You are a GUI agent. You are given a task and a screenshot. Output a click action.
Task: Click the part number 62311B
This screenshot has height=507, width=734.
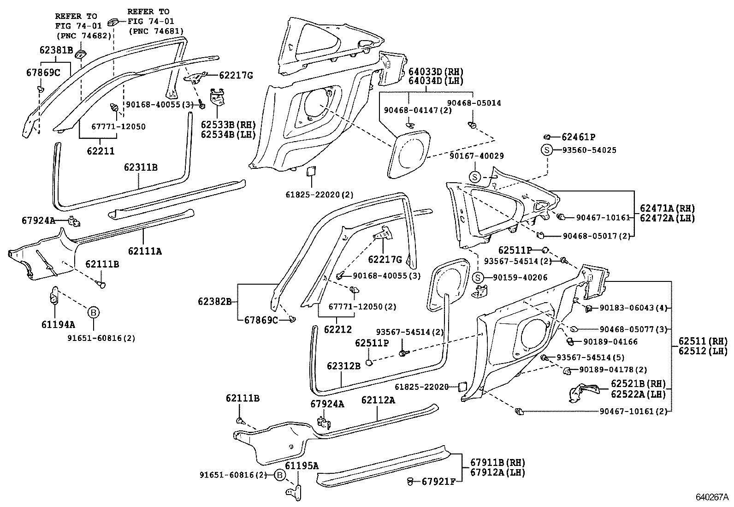coord(140,167)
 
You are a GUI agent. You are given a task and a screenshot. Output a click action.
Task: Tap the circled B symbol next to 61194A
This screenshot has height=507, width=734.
coord(93,313)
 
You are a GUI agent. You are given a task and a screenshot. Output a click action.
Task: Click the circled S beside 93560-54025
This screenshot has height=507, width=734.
coord(546,150)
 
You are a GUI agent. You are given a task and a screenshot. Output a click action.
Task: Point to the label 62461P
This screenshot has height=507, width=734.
coord(578,137)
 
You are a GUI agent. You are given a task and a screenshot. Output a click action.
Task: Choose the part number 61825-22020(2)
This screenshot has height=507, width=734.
coord(319,195)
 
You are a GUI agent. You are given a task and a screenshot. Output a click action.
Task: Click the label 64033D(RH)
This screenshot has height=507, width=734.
coord(436,72)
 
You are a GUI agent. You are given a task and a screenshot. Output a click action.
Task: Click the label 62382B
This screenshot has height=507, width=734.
coord(214,302)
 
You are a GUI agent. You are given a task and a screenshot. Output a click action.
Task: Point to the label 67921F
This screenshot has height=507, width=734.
coord(439,482)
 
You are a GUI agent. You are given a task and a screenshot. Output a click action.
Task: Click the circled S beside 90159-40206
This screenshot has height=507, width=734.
coord(478,278)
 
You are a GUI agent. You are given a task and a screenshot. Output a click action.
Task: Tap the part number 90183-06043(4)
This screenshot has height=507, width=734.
coord(633,308)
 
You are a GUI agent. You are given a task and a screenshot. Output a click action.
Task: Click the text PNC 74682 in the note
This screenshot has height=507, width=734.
coord(83,35)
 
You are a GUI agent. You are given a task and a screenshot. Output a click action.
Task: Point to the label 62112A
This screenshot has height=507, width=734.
coord(378,400)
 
